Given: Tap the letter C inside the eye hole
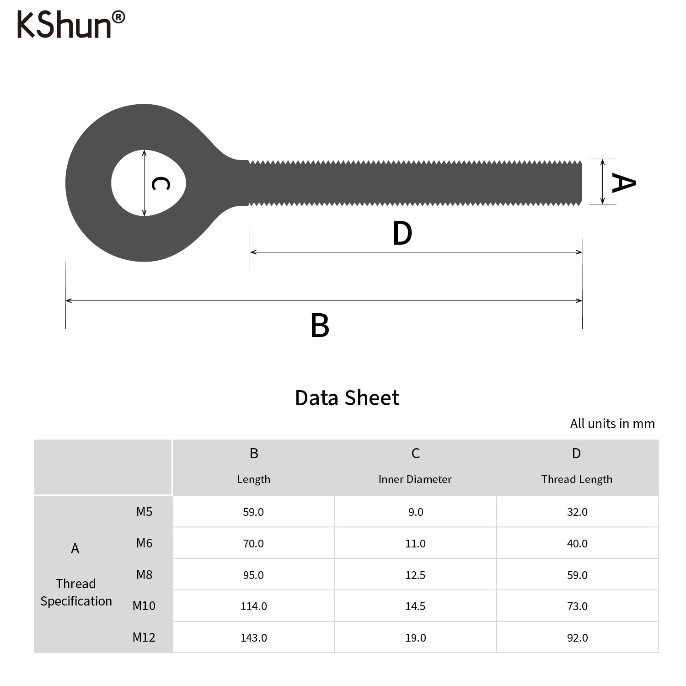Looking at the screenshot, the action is [x=161, y=184].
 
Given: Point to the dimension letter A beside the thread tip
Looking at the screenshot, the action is [x=624, y=183].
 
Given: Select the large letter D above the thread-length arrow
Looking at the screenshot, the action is [x=402, y=233].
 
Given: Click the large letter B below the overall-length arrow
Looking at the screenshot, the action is [x=320, y=325].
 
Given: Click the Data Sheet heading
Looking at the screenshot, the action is [x=347, y=397].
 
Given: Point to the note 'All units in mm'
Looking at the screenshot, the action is [x=612, y=423].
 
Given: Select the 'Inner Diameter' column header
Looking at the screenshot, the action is [x=415, y=479].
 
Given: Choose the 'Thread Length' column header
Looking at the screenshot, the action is [x=577, y=479].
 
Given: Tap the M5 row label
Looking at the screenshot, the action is [x=144, y=511].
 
